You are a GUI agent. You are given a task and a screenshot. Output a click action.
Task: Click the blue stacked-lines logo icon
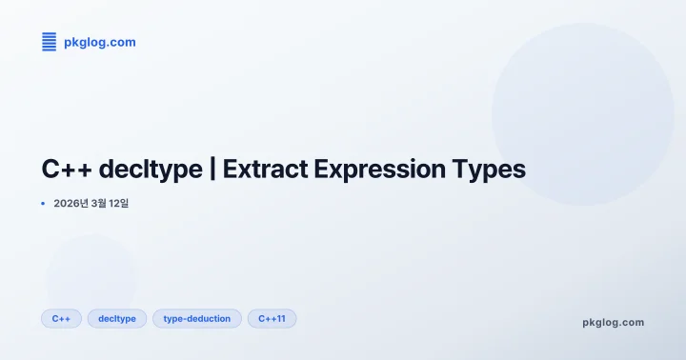tap(50, 41)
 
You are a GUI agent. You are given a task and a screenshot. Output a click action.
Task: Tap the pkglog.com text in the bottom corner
tap(613, 322)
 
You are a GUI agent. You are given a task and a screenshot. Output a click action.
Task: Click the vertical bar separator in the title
tap(212, 170)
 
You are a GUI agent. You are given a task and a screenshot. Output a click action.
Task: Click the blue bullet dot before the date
tap(44, 204)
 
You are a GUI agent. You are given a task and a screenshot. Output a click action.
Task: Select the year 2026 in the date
tap(69, 204)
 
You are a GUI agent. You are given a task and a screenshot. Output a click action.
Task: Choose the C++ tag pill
tap(61, 318)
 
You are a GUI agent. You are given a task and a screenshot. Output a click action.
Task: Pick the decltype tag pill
tap(117, 318)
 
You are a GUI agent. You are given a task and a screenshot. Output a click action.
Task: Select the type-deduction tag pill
tap(197, 318)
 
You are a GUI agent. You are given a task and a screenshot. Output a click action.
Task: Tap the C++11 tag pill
tap(272, 318)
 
